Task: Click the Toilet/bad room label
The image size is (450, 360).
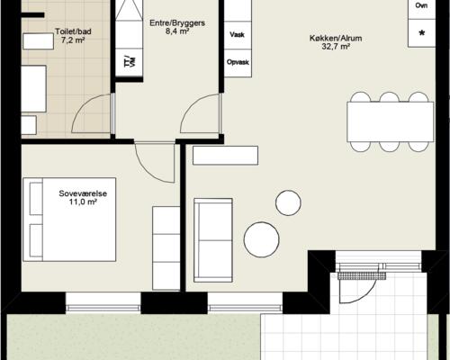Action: pos(73,31)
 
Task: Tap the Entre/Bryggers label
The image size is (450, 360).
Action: pos(177,23)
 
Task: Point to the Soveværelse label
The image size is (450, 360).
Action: pos(83,193)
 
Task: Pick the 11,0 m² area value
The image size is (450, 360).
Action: pos(83,202)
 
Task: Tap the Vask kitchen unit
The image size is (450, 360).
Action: pos(238,35)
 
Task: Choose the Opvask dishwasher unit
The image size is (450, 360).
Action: pos(238,63)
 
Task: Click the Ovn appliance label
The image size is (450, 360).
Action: pos(421,5)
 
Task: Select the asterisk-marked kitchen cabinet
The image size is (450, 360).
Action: pos(421,33)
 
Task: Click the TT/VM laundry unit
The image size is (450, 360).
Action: pos(129,62)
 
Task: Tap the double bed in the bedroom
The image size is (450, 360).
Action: pos(69,220)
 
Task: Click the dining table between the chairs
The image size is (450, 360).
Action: pos(391,121)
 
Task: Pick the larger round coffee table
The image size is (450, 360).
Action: pos(262,239)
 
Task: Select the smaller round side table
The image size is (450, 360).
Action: pos(288,202)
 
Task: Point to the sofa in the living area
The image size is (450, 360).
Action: pos(213,240)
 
